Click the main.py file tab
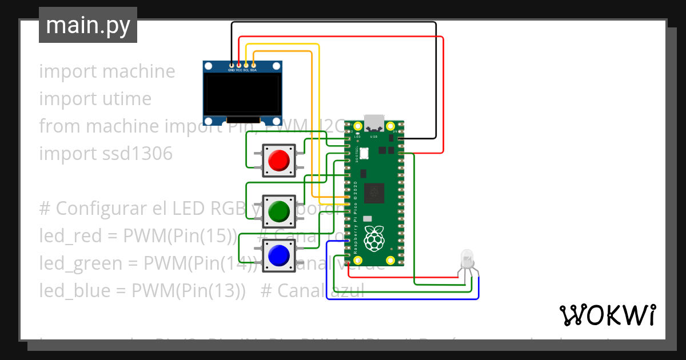pos(87,26)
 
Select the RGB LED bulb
pos(467,258)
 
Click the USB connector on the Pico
pos(374,123)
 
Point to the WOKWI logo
pos(607,315)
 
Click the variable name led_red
pos(70,236)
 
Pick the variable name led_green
pos(79,263)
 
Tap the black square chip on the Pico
pos(374,193)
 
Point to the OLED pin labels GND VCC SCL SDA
pos(242,70)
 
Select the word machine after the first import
pos(139,71)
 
